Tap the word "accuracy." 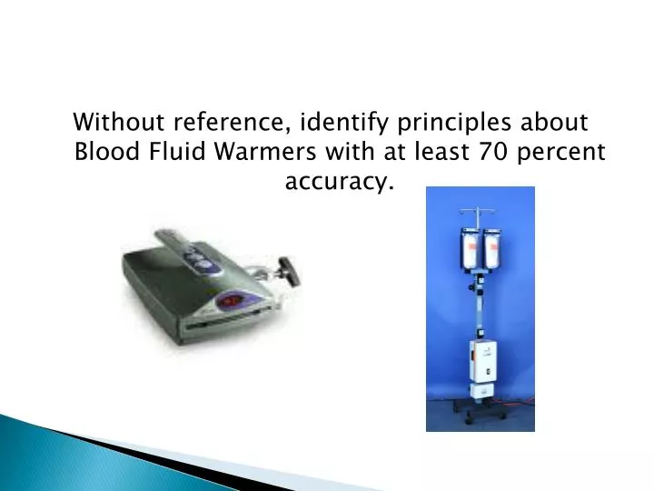(340, 182)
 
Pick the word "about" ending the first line (558, 122)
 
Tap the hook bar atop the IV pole (481, 214)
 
